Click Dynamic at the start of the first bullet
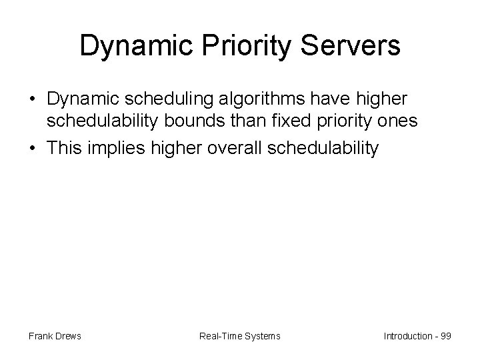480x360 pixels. (x=81, y=99)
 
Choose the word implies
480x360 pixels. (x=112, y=148)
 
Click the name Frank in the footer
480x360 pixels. (x=40, y=336)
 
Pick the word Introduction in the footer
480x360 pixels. (x=407, y=336)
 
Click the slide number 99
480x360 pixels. (x=446, y=336)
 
